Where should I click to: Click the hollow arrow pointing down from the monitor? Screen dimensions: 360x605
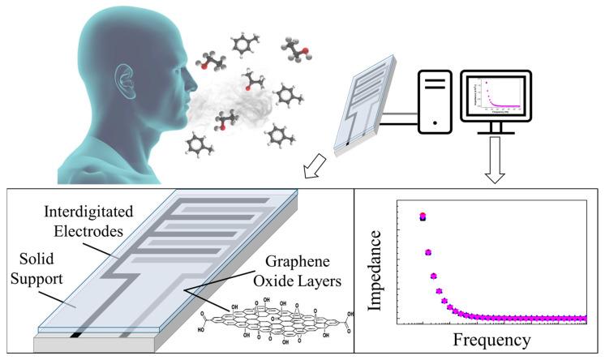(494, 161)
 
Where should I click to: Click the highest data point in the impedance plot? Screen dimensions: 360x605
(423, 216)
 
